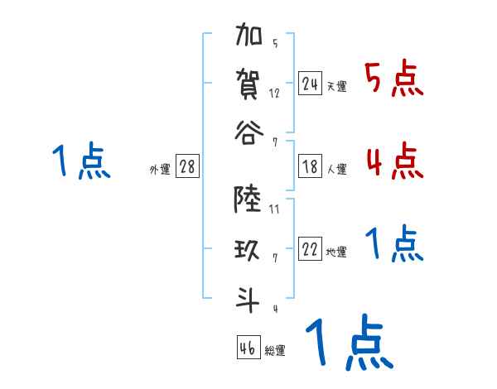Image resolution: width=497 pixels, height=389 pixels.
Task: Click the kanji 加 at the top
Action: [x=248, y=39]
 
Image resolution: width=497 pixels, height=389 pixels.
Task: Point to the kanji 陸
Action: [x=248, y=199]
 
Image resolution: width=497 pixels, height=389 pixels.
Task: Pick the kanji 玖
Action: [x=248, y=247]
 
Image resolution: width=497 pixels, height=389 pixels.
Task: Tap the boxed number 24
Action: [x=310, y=84]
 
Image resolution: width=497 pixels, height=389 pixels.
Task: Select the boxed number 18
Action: [x=310, y=167]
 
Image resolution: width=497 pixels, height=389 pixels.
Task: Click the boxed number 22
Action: [x=310, y=250]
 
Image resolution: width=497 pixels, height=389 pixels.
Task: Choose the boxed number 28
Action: [x=187, y=167]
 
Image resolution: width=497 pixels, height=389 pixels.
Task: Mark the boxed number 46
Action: [x=248, y=348]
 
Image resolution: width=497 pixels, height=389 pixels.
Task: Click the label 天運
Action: [x=336, y=86]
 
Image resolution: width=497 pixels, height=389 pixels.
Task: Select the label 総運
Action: [x=274, y=350]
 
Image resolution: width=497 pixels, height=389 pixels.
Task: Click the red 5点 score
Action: [x=393, y=80]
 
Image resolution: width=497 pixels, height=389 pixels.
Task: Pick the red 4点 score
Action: [x=393, y=161]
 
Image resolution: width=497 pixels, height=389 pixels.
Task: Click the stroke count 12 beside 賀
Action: [x=274, y=93]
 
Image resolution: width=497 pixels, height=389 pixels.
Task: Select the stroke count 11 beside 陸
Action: [x=274, y=209]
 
